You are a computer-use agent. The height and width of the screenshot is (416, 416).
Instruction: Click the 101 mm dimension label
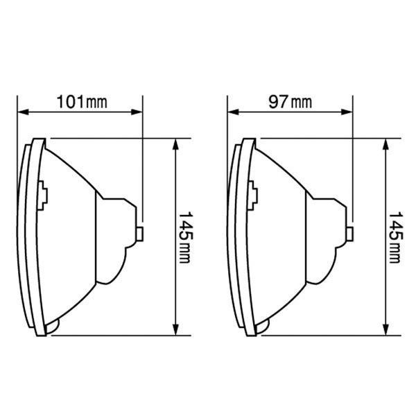82,102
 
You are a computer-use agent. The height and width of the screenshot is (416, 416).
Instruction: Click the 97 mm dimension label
290,102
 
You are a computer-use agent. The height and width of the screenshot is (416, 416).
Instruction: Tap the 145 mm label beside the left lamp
185,237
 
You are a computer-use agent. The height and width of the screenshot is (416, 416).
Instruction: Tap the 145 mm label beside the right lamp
395,237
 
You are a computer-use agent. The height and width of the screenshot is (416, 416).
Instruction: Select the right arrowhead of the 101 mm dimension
137,112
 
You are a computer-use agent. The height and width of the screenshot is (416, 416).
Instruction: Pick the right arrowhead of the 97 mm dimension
347,112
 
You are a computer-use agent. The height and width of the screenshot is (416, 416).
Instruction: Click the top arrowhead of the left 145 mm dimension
175,144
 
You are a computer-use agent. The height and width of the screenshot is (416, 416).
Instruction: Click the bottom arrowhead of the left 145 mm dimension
175,330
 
